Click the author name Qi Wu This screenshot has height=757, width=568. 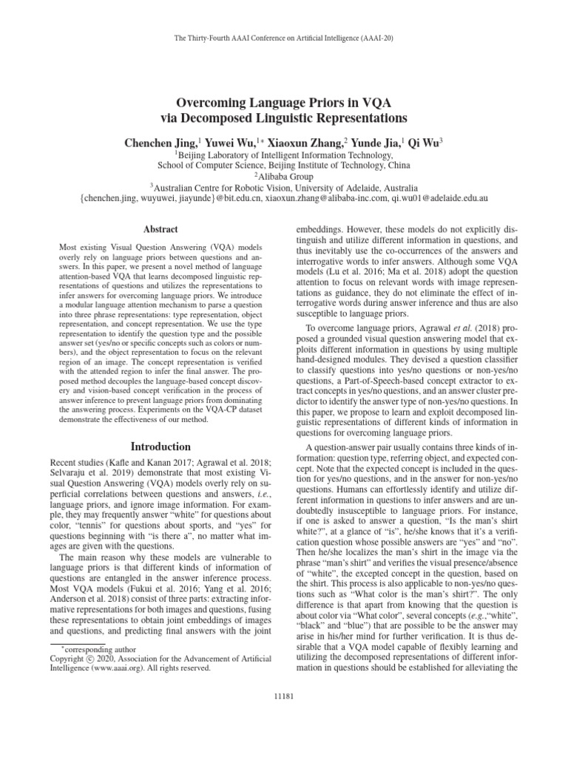(x=425, y=140)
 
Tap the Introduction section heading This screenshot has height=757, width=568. (x=161, y=447)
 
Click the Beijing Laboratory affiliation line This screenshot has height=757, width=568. (x=284, y=155)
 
